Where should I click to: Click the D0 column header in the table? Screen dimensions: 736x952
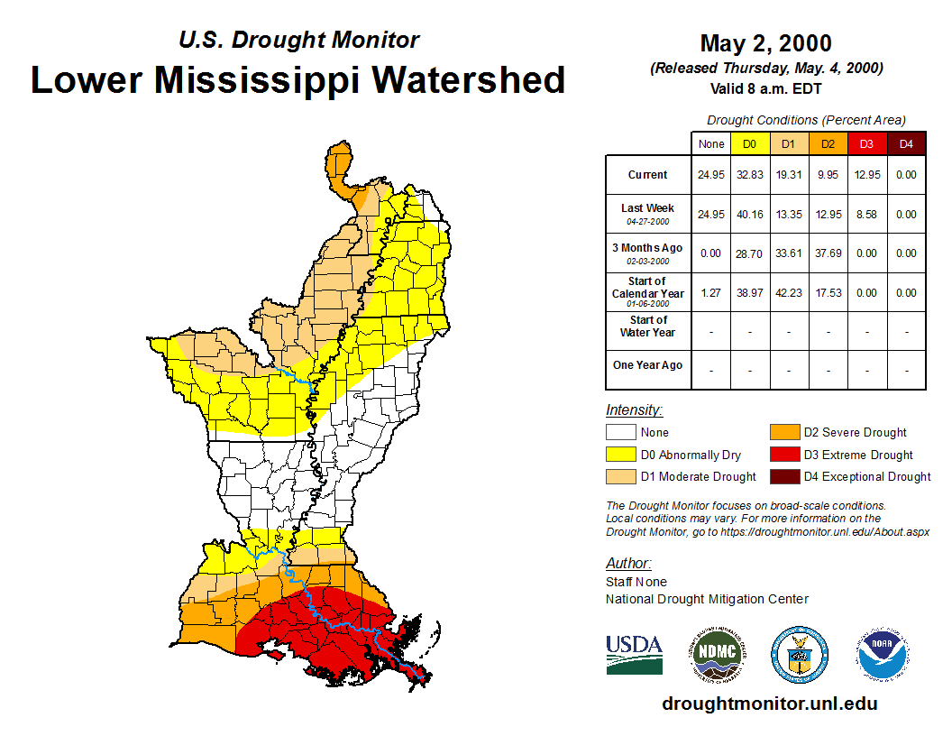(750, 143)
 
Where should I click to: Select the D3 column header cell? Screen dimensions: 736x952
(867, 143)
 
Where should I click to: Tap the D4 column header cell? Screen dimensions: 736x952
(906, 143)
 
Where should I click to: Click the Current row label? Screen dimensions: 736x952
(648, 175)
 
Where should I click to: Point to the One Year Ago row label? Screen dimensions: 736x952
(648, 365)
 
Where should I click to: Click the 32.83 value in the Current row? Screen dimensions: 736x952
(750, 175)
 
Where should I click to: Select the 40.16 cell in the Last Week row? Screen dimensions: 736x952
(750, 215)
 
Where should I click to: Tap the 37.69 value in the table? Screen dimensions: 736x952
(828, 253)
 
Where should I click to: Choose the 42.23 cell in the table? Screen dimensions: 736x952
(789, 293)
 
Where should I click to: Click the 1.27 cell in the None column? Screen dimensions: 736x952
(711, 293)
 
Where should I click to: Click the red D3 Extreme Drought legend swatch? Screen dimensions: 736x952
(783, 455)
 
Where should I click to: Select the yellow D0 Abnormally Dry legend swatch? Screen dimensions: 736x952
(620, 455)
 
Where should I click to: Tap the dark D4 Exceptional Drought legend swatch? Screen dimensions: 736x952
(783, 476)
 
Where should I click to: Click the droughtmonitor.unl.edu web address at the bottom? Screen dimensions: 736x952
(769, 704)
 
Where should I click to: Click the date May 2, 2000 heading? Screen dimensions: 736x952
(765, 43)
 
